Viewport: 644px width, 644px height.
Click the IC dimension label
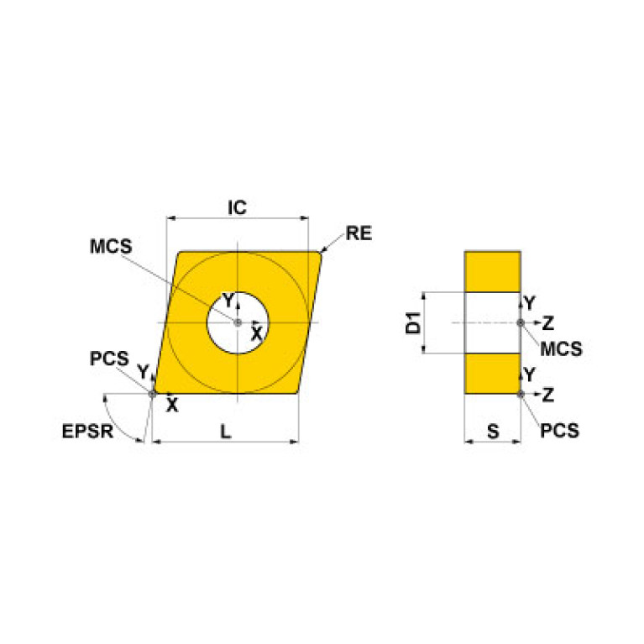[238, 207]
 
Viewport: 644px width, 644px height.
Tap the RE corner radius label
[359, 233]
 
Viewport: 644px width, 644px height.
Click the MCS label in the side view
[561, 348]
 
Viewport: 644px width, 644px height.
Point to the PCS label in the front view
[109, 359]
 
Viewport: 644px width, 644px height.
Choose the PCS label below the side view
[559, 431]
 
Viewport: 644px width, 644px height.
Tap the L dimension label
[225, 431]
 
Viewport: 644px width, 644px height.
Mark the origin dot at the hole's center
[238, 322]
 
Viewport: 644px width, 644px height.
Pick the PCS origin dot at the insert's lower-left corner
[152, 393]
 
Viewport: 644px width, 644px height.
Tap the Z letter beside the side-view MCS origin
[547, 322]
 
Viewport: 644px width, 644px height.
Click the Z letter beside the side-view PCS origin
[547, 393]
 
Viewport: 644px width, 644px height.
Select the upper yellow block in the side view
[493, 271]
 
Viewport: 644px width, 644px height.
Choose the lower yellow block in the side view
[493, 374]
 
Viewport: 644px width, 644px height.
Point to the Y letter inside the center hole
[227, 301]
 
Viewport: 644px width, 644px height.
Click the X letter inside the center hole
[258, 334]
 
